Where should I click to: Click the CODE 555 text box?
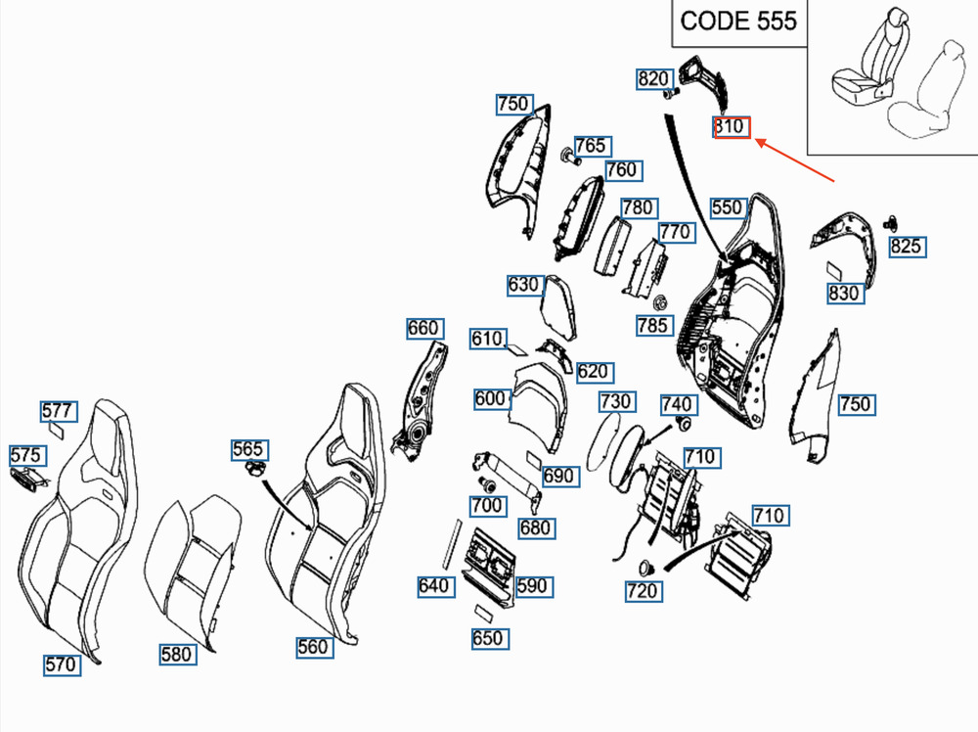pyautogui.click(x=738, y=21)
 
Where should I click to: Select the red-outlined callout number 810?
pyautogui.click(x=732, y=127)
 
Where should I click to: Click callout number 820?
pyautogui.click(x=653, y=79)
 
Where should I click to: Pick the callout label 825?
pyautogui.click(x=906, y=246)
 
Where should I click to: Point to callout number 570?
pyautogui.click(x=60, y=664)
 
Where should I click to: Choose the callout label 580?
pyautogui.click(x=177, y=654)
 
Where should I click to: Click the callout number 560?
pyautogui.click(x=313, y=646)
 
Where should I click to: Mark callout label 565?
pyautogui.click(x=247, y=449)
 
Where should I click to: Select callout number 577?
pyautogui.click(x=57, y=410)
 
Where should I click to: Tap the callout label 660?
pyautogui.click(x=423, y=328)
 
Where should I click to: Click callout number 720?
pyautogui.click(x=642, y=591)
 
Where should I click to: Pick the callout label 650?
pyautogui.click(x=487, y=639)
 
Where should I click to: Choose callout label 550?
pyautogui.click(x=728, y=206)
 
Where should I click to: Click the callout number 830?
pyautogui.click(x=844, y=293)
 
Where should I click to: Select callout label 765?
pyautogui.click(x=590, y=146)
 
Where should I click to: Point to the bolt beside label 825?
pyautogui.click(x=891, y=222)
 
